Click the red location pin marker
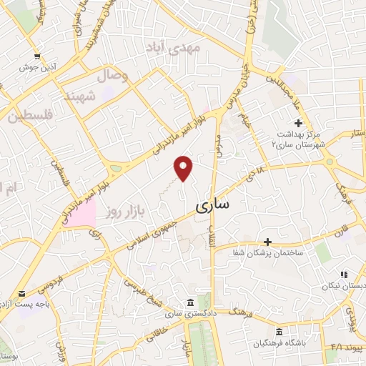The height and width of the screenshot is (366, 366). coord(184,168)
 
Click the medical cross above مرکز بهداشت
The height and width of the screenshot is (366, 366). coord(298,124)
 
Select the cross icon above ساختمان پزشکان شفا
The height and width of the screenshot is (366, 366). coord(268,243)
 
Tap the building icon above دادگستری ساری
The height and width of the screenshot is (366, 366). coord(189,302)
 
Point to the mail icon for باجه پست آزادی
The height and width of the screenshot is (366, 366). coord(22,294)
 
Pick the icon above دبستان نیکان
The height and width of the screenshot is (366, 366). coord(344,274)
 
